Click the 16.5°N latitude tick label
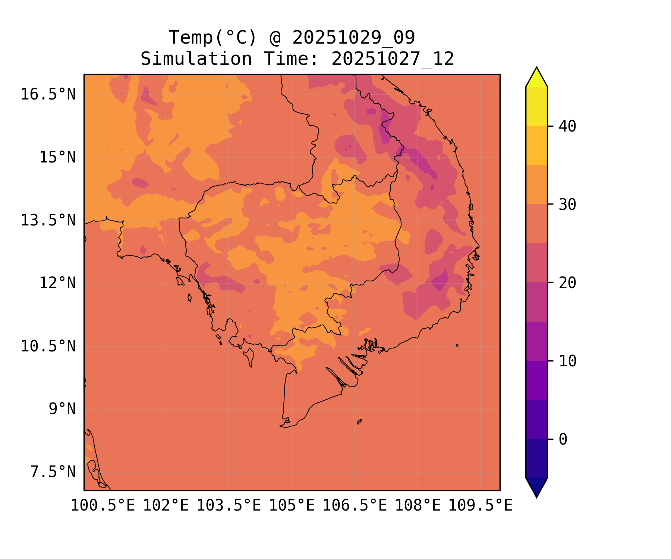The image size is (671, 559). tap(48, 95)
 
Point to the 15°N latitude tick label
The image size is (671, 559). tap(57, 158)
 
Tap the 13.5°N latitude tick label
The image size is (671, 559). tap(48, 221)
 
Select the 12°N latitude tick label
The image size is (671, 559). tap(57, 283)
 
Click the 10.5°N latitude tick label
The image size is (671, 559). tap(48, 347)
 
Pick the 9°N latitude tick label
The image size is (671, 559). tap(62, 409)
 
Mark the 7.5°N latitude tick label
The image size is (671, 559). tap(53, 472)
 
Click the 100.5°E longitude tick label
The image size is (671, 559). tap(103, 506)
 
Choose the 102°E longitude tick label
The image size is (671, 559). tap(166, 506)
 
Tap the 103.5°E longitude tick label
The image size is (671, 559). tap(229, 506)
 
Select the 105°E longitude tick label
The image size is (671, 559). tap(292, 506)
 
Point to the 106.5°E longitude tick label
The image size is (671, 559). tap(355, 506)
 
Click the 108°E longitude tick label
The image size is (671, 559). tap(418, 506)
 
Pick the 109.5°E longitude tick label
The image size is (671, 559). tap(480, 506)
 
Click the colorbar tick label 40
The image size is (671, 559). tap(567, 127)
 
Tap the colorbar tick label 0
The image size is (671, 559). tap(563, 440)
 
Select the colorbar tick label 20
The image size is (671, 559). tap(567, 283)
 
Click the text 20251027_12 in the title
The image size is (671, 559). tap(393, 59)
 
